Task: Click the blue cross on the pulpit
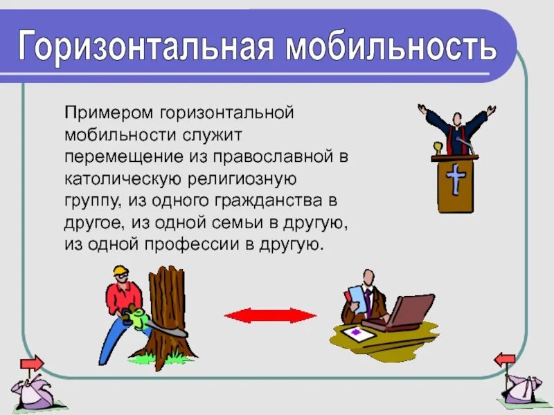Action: [455, 180]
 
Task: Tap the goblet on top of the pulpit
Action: [437, 148]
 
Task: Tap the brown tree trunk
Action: [167, 304]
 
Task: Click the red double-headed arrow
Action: [270, 315]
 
